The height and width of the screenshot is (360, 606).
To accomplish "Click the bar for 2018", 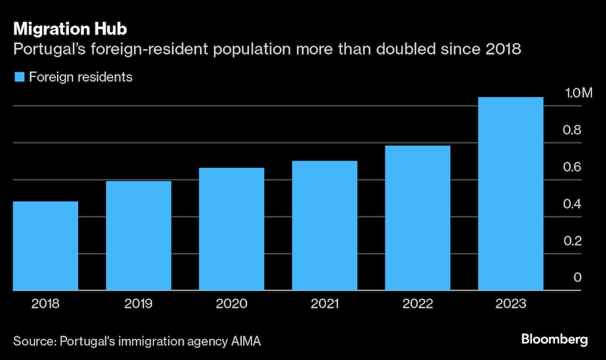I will [x=45, y=245].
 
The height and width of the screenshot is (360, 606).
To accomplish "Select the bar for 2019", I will [x=139, y=235].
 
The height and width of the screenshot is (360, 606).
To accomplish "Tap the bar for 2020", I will [x=231, y=228].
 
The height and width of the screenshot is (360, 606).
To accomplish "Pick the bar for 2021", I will [x=325, y=225].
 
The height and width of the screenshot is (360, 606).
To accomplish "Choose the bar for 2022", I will [x=418, y=218].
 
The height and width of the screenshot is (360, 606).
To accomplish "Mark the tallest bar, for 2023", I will [x=511, y=193].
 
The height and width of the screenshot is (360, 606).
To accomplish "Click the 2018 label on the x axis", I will [x=45, y=303].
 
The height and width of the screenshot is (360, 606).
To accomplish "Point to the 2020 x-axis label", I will [x=231, y=303].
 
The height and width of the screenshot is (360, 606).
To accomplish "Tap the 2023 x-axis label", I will [x=511, y=303].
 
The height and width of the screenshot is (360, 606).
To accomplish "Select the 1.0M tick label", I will [x=578, y=93].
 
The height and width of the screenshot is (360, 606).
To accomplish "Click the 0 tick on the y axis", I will [x=578, y=278].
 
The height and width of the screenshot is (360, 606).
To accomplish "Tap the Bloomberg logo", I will [x=554, y=340].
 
